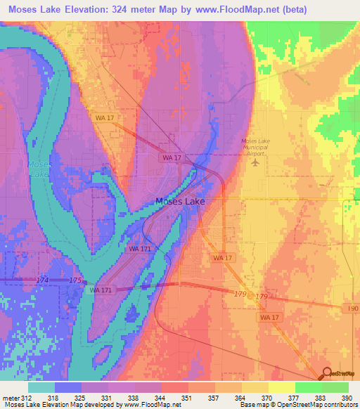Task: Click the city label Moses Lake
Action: pyautogui.click(x=179, y=201)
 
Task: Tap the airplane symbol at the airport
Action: pyautogui.click(x=255, y=162)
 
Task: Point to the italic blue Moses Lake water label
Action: pyautogui.click(x=39, y=169)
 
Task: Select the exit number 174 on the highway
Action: pyautogui.click(x=43, y=280)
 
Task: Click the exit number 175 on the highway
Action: pyautogui.click(x=75, y=281)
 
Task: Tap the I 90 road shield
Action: pyautogui.click(x=352, y=309)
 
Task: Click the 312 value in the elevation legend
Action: pyautogui.click(x=27, y=398)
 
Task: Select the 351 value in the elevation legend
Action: pyautogui.click(x=187, y=398)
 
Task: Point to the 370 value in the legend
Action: pyautogui.click(x=267, y=398)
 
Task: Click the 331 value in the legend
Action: pyautogui.click(x=107, y=398)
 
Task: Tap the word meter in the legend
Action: pyautogui.click(x=10, y=398)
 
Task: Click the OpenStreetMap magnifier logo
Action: pyautogui.click(x=326, y=372)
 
